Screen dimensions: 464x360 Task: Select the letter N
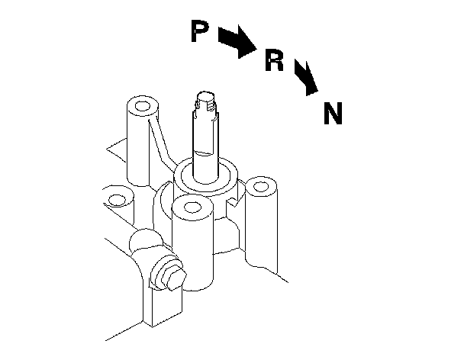point(333,114)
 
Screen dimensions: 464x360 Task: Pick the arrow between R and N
point(307,79)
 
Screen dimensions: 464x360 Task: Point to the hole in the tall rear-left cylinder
point(142,104)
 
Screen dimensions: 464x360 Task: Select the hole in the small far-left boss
point(116,201)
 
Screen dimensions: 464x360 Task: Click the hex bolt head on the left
point(169,276)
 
